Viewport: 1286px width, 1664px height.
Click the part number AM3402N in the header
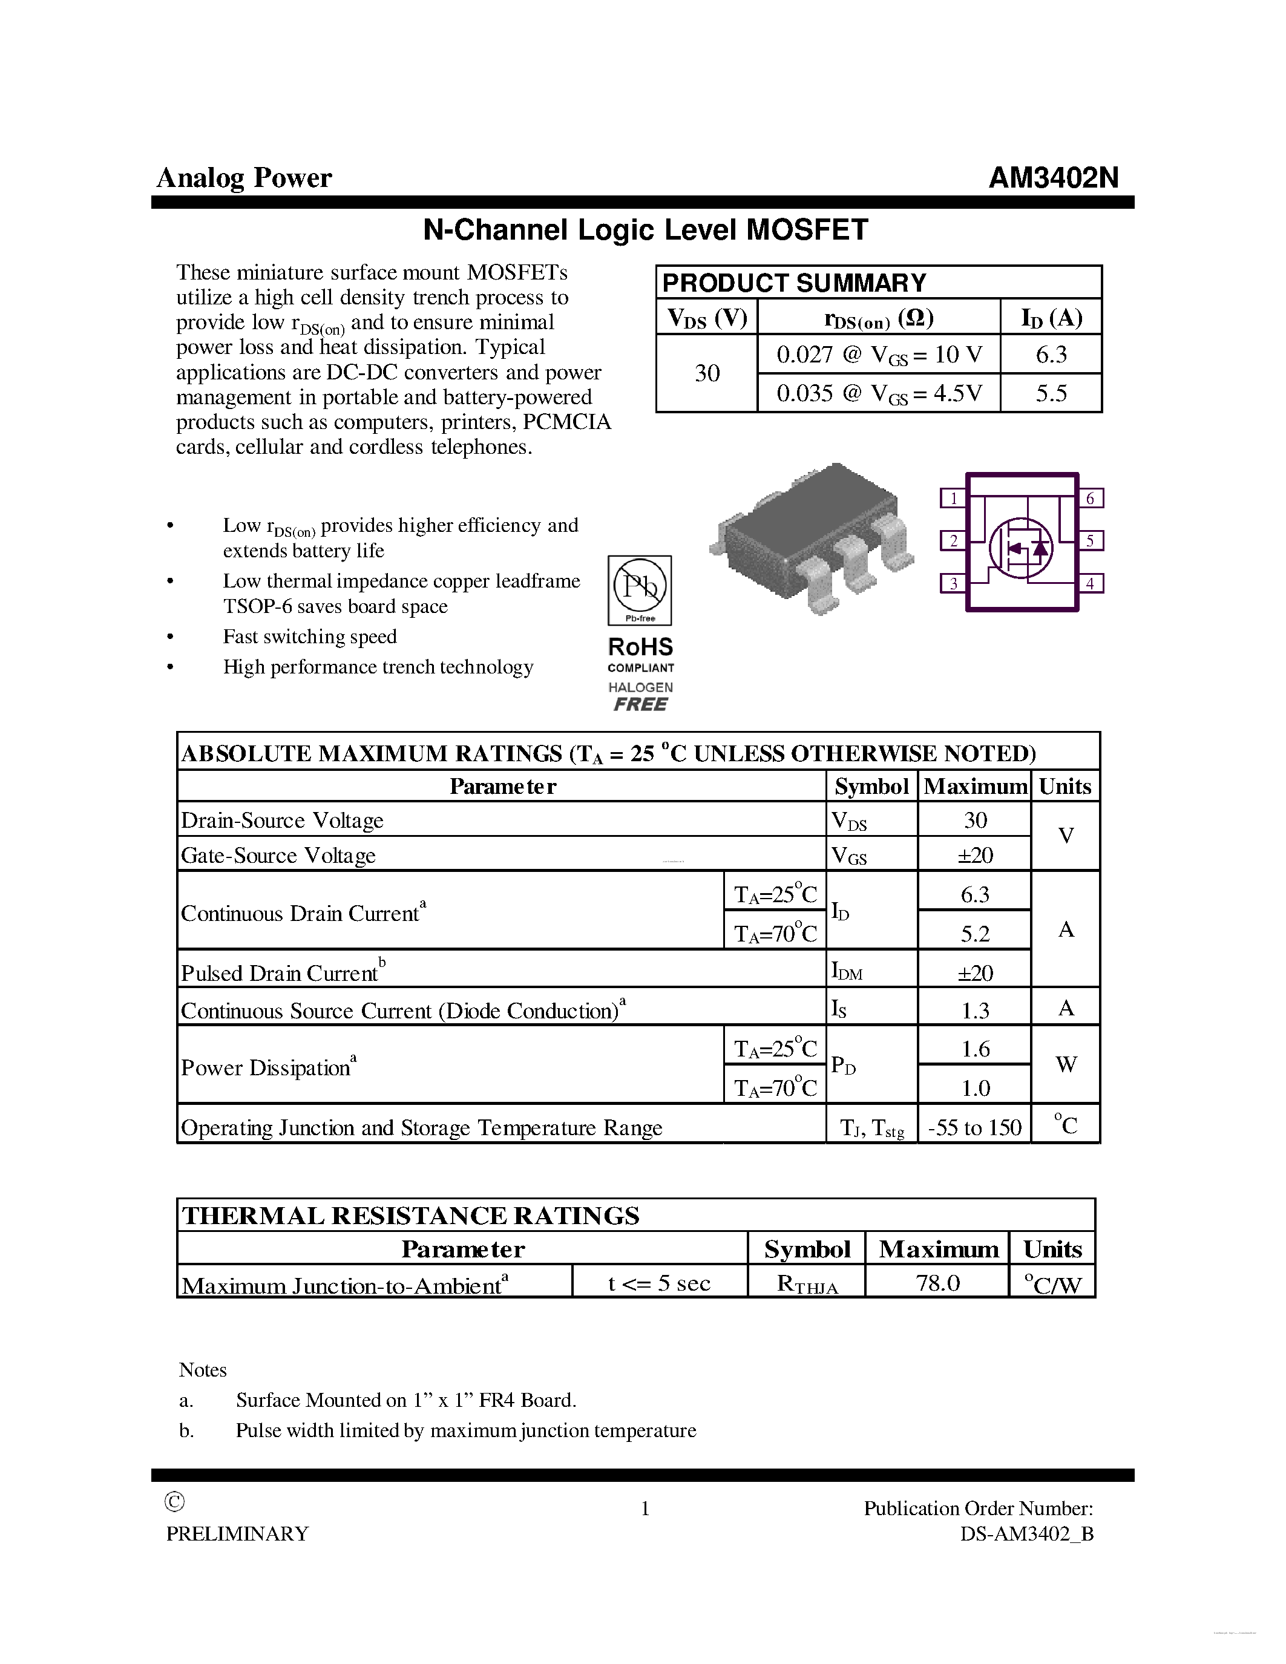(x=1053, y=177)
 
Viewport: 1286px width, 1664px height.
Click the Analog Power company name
(x=244, y=177)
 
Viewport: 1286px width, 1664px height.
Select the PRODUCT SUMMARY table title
(x=793, y=283)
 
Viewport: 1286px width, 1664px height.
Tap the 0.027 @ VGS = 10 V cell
(x=878, y=355)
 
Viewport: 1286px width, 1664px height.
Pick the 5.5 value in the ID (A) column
(x=1051, y=393)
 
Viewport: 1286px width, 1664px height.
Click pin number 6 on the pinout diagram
(x=1090, y=498)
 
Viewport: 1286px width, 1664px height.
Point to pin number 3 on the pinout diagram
(x=953, y=584)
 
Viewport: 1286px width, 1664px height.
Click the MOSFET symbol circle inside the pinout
(x=1021, y=547)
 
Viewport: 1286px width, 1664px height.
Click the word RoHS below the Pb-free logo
(x=640, y=647)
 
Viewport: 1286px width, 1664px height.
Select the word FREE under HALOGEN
(x=640, y=705)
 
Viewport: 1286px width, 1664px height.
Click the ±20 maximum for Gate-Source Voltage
(x=974, y=855)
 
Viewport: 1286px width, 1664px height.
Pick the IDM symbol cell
(x=847, y=971)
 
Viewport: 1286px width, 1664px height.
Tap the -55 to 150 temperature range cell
(x=974, y=1127)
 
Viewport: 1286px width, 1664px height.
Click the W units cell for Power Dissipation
(x=1066, y=1064)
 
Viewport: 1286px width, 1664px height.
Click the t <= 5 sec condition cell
(x=659, y=1283)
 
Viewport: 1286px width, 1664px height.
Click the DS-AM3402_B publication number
(x=1026, y=1534)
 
